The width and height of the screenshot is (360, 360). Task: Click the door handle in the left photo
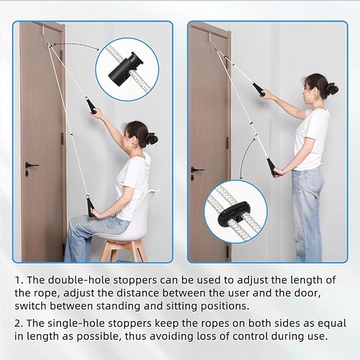coord(31,165)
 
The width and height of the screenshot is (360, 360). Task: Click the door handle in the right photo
coord(197,170)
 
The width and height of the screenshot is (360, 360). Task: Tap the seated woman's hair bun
coord(152,139)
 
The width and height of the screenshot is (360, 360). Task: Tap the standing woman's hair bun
coord(332,89)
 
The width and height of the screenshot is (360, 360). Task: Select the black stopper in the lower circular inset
coord(233,211)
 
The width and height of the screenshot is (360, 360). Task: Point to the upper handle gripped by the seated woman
coord(91,105)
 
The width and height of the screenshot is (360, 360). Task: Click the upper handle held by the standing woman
coord(258,90)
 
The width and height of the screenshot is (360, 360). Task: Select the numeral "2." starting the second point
coord(19,323)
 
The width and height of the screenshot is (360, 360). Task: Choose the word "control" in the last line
coord(250,337)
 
